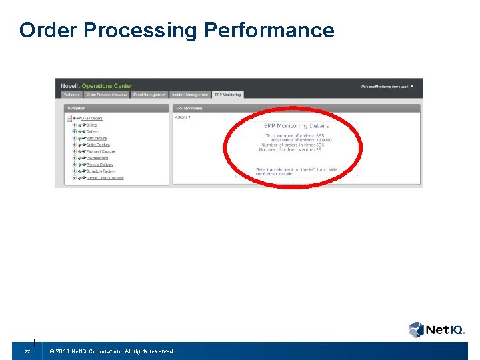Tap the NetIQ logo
(436, 329)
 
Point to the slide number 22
(27, 351)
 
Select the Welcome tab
(71, 95)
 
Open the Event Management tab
(149, 95)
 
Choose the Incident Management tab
(190, 95)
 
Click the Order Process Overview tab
(107, 95)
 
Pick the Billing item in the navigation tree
(92, 125)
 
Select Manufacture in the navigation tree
(96, 138)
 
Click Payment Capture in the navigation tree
(101, 151)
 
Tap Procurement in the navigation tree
(98, 158)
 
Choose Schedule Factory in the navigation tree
(101, 171)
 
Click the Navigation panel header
(77, 108)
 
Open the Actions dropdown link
(182, 117)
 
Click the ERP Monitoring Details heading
(296, 125)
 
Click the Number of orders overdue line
(292, 149)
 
